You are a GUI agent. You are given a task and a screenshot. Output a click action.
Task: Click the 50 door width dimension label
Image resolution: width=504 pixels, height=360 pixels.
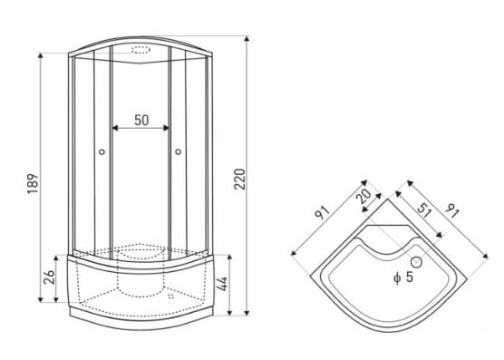point(141,120)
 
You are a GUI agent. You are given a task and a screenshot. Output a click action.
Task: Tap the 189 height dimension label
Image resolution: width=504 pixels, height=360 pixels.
point(33,183)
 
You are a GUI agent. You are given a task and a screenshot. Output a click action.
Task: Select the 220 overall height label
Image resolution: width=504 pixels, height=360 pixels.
point(239,179)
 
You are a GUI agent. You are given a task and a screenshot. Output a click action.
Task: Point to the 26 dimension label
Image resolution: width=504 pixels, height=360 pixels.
point(49,277)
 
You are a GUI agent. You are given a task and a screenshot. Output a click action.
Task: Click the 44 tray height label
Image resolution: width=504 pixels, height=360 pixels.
point(222,284)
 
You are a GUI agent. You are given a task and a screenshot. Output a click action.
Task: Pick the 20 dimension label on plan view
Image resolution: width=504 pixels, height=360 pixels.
point(365,196)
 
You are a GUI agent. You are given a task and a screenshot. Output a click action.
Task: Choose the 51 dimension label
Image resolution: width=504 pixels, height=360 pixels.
point(424,210)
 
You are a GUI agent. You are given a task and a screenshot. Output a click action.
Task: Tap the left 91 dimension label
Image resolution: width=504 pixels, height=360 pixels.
point(323,212)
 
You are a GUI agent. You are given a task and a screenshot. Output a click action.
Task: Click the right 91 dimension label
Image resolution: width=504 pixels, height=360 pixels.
point(452,210)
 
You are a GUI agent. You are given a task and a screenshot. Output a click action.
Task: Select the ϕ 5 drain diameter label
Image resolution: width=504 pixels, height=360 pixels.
point(403,277)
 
